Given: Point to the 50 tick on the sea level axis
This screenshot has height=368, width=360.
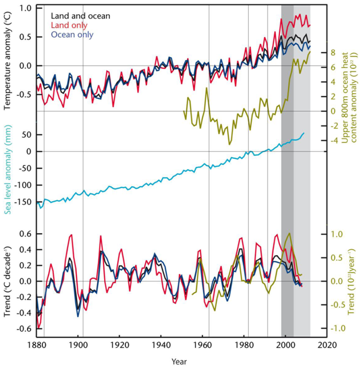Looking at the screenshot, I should coord(25,134).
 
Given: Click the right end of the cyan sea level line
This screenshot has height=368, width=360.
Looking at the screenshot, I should coord(304,133).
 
